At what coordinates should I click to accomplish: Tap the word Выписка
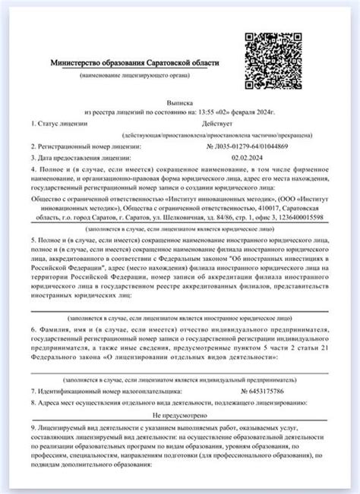click(x=181, y=99)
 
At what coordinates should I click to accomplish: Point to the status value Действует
click(x=218, y=122)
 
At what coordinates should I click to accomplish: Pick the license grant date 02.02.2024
click(x=245, y=157)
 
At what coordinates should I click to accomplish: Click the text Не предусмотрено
click(x=181, y=415)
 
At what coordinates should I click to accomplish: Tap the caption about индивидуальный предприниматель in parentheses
click(x=181, y=377)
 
